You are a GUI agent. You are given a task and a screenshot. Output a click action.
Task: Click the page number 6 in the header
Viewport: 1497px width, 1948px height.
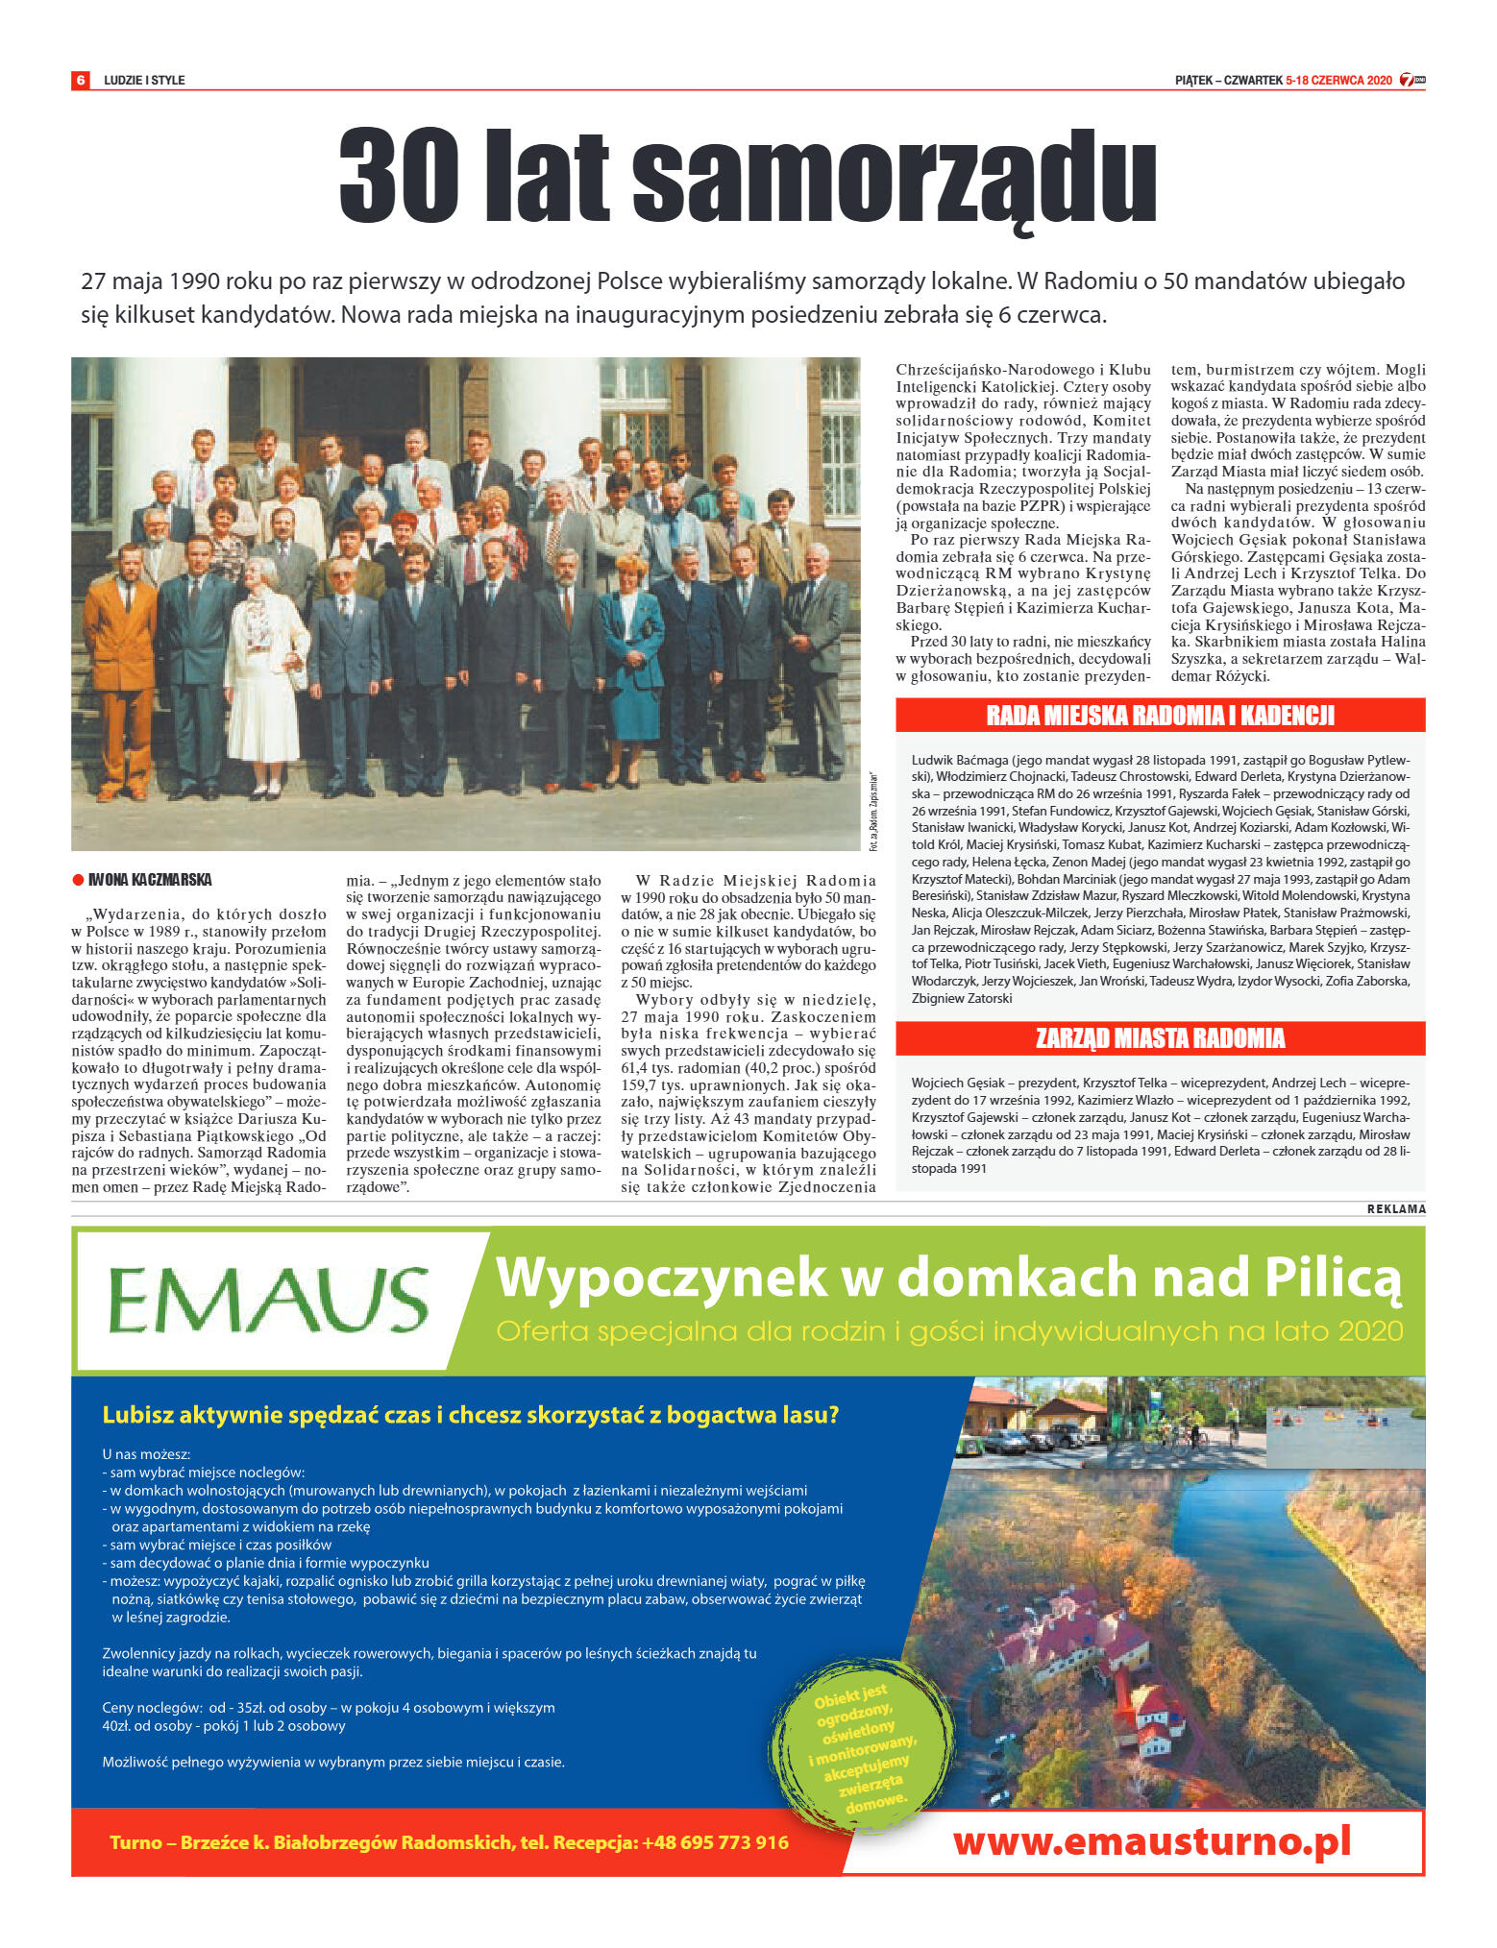[81, 80]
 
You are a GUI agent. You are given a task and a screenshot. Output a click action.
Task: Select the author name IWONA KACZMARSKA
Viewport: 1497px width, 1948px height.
[150, 880]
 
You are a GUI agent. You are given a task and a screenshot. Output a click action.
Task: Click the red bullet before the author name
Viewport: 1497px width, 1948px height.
[79, 880]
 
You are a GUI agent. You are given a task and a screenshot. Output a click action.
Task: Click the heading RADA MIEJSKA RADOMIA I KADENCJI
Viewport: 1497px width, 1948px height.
[1160, 716]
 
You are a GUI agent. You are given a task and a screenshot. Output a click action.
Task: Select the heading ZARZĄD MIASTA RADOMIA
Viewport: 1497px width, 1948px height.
[1160, 1038]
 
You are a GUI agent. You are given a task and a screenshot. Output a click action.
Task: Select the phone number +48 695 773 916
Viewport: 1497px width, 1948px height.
[715, 1842]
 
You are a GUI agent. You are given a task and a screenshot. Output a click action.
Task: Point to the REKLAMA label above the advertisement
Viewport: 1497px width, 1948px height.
[1395, 1209]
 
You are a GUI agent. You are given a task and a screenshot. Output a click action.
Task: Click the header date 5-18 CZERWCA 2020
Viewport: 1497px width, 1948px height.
[1338, 81]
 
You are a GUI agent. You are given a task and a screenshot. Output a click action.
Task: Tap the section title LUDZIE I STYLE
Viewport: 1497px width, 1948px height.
[144, 81]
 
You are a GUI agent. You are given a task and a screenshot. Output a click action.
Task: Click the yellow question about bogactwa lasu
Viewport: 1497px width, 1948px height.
[471, 1415]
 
